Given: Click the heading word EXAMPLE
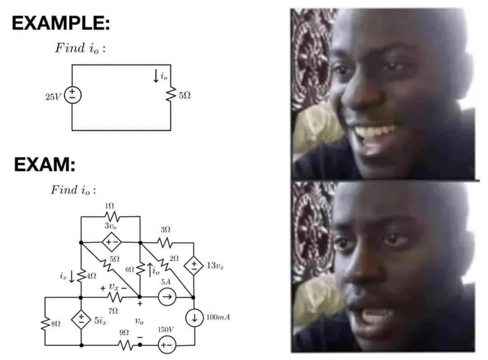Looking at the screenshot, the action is point(61,23).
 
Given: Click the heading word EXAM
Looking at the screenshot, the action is point(45,164).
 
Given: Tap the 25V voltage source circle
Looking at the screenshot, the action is point(73,95).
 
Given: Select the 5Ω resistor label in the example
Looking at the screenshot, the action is point(185,96).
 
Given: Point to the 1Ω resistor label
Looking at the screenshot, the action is point(109,206).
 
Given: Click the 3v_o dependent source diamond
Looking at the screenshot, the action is point(112,242).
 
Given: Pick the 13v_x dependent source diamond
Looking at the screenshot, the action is point(194,266).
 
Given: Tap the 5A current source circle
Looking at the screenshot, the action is point(167,297).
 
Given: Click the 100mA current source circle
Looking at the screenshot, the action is point(195,317).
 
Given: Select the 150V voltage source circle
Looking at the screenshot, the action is point(167,345).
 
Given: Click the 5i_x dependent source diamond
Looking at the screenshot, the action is point(81,320).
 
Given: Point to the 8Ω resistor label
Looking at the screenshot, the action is point(56,324).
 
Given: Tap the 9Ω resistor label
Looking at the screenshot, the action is point(124,332).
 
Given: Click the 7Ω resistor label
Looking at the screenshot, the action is point(113,310).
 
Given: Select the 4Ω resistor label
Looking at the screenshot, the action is point(91,276).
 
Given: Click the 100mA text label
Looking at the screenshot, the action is point(218,317).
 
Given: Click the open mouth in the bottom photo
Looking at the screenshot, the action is point(374,317).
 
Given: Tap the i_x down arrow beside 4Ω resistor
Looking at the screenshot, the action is point(72,276).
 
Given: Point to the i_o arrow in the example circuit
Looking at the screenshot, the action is point(156,76).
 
